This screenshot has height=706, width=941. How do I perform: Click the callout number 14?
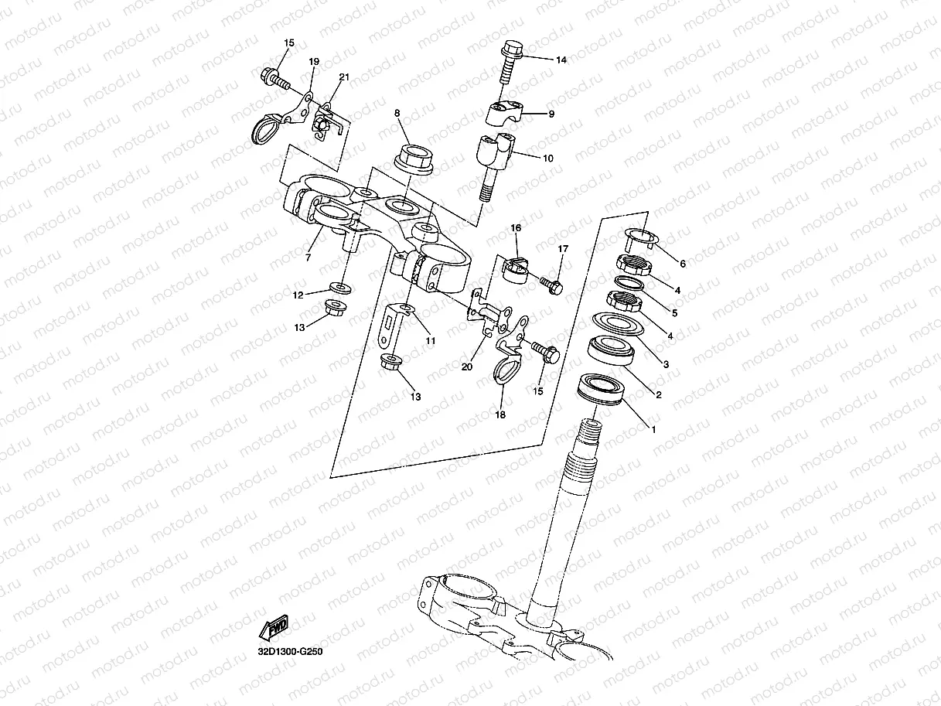(x=561, y=60)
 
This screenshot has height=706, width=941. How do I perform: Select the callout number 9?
(x=551, y=114)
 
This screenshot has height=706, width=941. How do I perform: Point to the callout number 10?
(x=548, y=158)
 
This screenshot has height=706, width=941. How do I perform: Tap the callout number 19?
(x=313, y=61)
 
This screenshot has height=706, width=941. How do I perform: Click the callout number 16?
(x=516, y=227)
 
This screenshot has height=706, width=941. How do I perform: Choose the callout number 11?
(x=430, y=340)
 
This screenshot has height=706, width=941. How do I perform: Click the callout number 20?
(x=466, y=367)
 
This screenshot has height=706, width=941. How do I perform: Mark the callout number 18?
(x=500, y=414)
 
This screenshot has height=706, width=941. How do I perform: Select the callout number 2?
(x=658, y=395)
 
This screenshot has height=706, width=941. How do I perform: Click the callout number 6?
(x=682, y=263)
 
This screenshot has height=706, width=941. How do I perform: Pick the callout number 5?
(x=674, y=313)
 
